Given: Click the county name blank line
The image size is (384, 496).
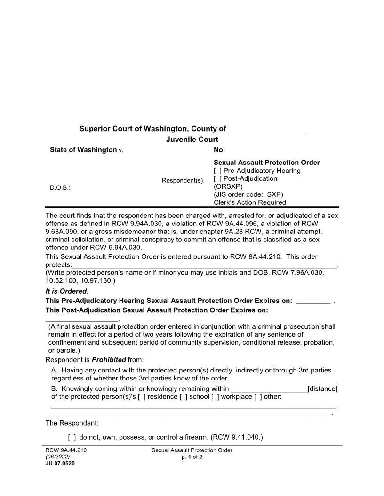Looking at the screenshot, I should (x=266, y=129).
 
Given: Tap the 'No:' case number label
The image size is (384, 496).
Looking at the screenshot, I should (x=219, y=150).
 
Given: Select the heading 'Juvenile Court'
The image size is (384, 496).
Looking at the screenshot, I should (x=192, y=139).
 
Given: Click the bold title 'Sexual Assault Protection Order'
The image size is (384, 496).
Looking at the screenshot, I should (x=266, y=163).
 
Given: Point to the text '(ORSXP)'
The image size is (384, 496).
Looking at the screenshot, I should (x=228, y=186).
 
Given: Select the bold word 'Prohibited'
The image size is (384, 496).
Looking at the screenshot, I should (x=109, y=360).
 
